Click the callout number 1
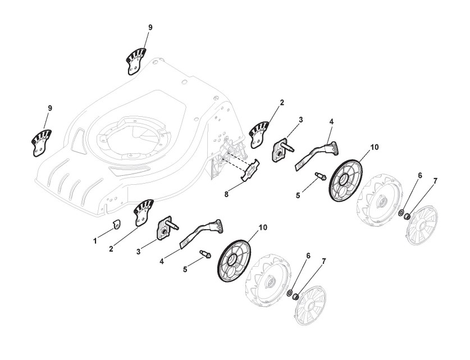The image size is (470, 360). click(95, 241)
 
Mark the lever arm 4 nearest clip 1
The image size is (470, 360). click(202, 231)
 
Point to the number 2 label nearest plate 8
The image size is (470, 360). click(282, 102)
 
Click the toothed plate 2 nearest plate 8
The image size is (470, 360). click(260, 133)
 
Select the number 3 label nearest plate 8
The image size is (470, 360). click(300, 120)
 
